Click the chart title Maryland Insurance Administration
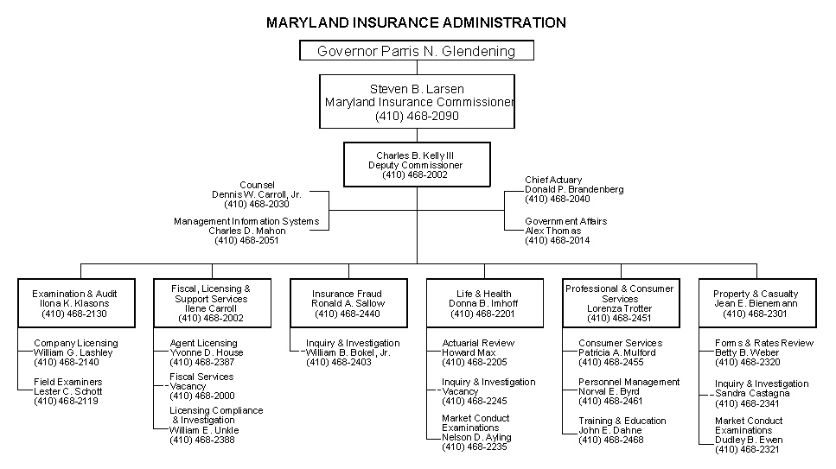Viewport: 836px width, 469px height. coord(416,22)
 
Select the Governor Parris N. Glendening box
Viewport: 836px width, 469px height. coord(417,51)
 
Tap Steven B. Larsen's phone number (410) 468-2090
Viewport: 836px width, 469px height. coord(417,116)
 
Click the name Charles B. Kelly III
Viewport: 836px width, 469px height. coord(415,155)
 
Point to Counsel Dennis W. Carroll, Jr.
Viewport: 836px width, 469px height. coord(257,194)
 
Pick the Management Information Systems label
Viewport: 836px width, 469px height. coord(246,221)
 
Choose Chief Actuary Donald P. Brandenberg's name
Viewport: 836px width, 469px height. coord(574,189)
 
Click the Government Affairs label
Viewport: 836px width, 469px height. coord(565,221)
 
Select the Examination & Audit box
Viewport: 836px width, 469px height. coord(76,302)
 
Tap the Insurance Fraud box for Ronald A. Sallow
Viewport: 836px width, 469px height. coord(348,302)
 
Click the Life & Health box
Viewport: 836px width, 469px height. coord(485,302)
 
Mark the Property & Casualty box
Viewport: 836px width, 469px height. coord(757,302)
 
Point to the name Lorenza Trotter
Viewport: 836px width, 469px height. coord(620,308)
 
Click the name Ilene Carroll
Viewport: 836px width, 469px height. coord(211,308)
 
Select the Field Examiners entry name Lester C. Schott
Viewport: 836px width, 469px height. coord(67,391)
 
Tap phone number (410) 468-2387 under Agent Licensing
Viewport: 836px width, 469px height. coord(202,363)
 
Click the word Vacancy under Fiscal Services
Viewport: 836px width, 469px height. coord(188,386)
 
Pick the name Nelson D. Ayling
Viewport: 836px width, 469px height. coord(476,438)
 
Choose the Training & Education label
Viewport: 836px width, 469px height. coord(622,421)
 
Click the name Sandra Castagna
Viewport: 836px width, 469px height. coord(752,393)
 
